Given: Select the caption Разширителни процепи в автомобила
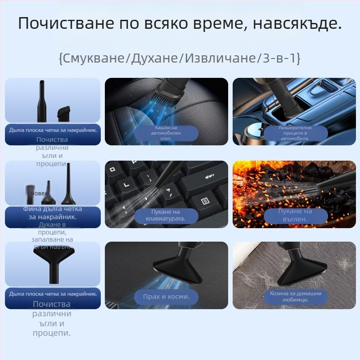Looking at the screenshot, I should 295,133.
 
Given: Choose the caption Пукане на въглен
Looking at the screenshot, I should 295,215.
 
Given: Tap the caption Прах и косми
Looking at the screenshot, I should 166,297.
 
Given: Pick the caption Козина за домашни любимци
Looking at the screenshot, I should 295,296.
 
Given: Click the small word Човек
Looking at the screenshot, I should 39,193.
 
